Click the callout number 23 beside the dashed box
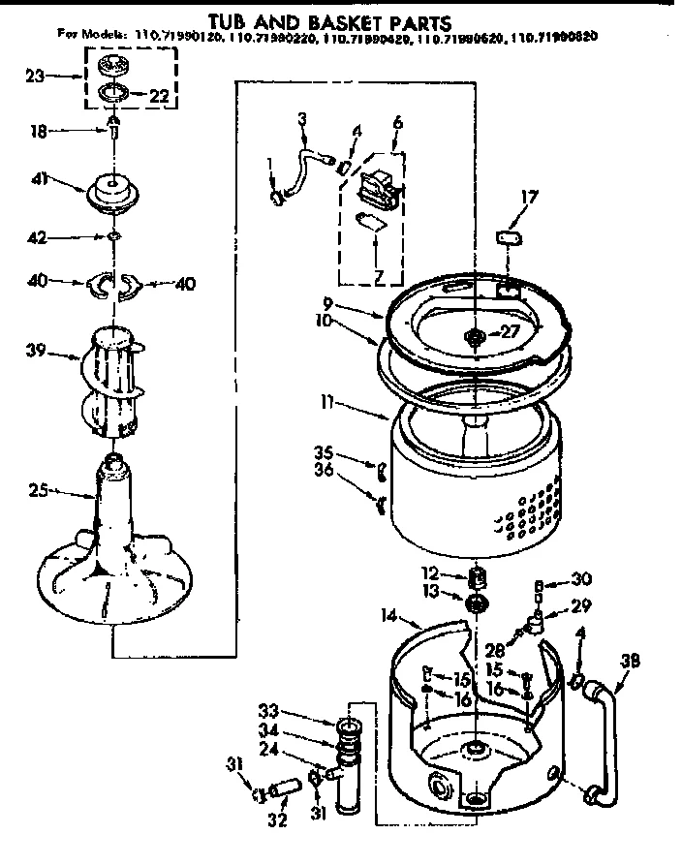34,75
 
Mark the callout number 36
325,470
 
